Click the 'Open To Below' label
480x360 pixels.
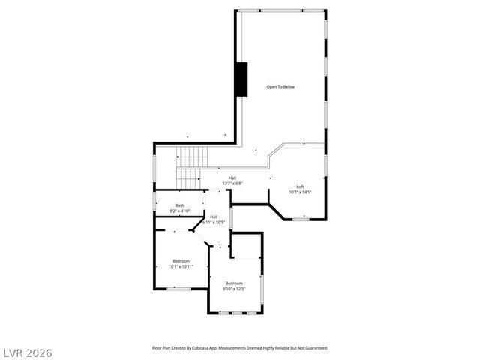(281, 87)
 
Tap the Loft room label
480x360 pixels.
(300, 187)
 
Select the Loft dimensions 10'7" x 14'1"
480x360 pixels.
(300, 193)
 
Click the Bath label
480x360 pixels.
(180, 205)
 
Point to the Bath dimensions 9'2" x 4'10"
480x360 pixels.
(180, 211)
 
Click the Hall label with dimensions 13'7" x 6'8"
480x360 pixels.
(232, 178)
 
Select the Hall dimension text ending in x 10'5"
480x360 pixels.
(214, 223)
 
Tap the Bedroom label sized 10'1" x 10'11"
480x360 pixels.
(180, 260)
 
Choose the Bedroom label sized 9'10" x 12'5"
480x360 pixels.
(234, 283)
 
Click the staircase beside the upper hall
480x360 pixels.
(191, 168)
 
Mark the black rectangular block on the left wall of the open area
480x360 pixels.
(241, 79)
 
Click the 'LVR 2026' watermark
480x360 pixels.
(27, 352)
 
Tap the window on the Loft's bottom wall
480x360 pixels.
(301, 220)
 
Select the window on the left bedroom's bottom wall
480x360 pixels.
(178, 289)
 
